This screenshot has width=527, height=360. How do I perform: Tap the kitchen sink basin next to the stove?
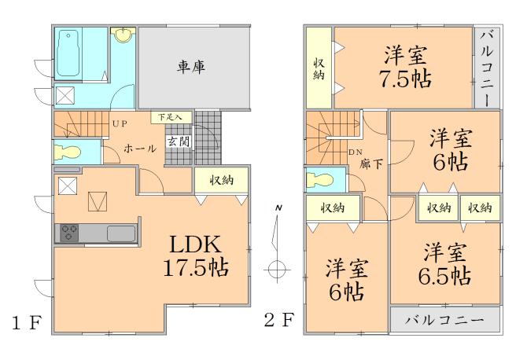pyautogui.click(x=120, y=233)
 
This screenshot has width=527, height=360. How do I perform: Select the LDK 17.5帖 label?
pyautogui.click(x=197, y=255)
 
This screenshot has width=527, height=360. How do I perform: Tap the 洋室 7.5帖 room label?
pyautogui.click(x=407, y=68)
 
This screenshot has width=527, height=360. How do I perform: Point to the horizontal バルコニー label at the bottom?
pyautogui.click(x=445, y=321)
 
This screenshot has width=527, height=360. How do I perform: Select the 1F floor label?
pyautogui.click(x=24, y=323)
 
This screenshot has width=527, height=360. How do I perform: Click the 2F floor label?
pyautogui.click(x=278, y=321)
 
